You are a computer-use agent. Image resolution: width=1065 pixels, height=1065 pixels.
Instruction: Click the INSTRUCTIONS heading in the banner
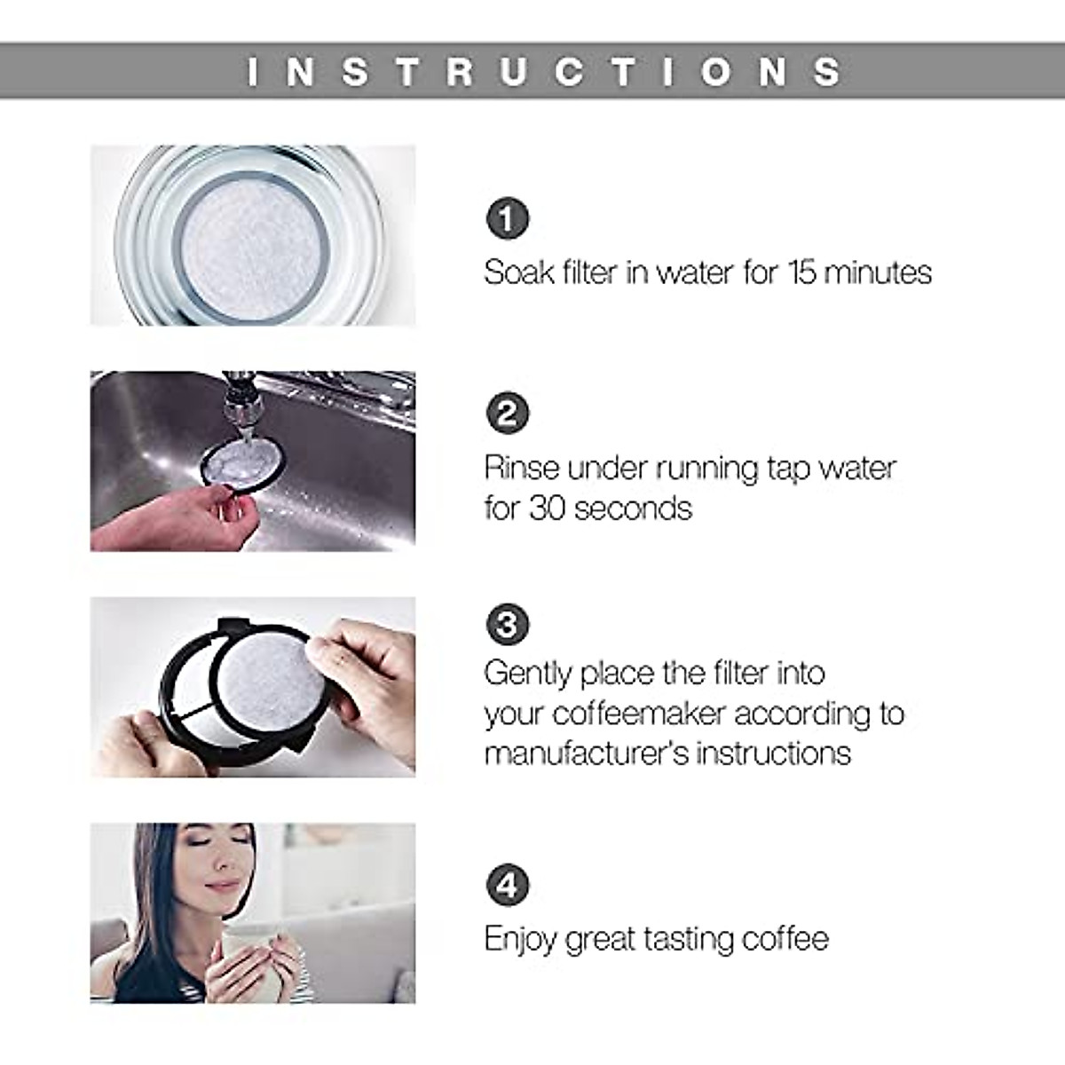pyautogui.click(x=543, y=72)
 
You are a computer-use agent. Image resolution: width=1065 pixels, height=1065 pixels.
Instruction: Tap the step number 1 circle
pyautogui.click(x=507, y=218)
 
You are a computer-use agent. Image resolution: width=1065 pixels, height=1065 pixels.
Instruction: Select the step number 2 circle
pyautogui.click(x=507, y=414)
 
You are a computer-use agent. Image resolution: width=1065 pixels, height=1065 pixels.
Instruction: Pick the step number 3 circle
pyautogui.click(x=507, y=625)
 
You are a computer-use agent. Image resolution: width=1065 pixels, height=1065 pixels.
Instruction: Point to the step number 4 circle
pyautogui.click(x=507, y=885)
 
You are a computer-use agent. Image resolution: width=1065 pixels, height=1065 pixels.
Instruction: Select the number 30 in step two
pyautogui.click(x=548, y=509)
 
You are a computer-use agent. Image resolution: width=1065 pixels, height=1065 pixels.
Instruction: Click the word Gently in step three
pyautogui.click(x=527, y=674)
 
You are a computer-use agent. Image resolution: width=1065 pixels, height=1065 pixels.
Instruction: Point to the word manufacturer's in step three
pyautogui.click(x=586, y=753)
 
